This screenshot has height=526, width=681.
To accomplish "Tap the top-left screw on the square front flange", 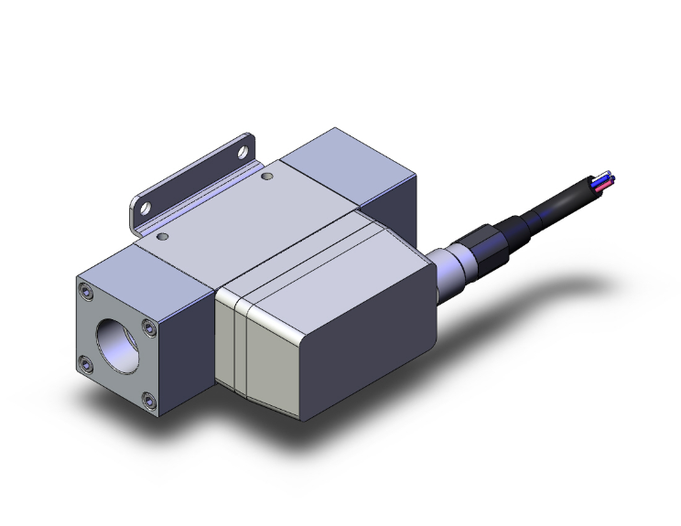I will point(86,293).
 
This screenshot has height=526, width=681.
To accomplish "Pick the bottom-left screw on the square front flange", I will point(86,365).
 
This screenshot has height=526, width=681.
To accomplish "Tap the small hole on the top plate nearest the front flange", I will point(162,236).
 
